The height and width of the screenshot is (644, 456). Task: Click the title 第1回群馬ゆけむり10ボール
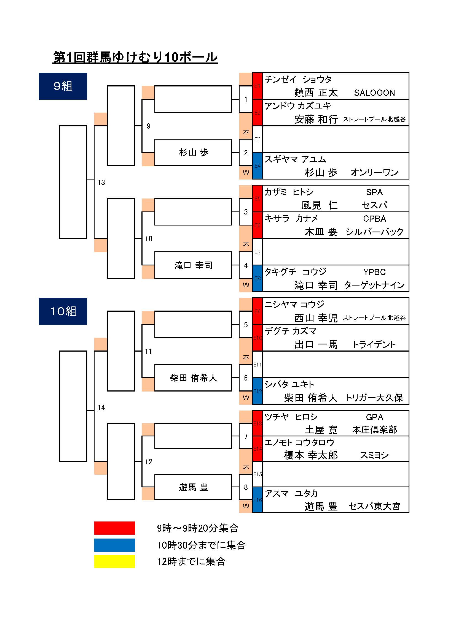[135, 58]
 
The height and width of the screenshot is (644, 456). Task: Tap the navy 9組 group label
[63, 86]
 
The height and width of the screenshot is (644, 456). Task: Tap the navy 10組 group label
[63, 311]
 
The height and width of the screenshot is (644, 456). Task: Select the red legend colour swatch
[115, 528]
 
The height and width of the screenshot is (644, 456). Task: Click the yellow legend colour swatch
[115, 561]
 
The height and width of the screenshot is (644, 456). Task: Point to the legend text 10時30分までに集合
[201, 545]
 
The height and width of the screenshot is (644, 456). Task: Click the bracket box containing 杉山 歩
[193, 152]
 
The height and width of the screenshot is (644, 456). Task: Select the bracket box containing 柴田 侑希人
[193, 377]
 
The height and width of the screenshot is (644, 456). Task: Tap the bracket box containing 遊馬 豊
[193, 487]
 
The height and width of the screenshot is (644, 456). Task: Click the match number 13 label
[101, 183]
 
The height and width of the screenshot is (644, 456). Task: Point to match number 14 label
[101, 407]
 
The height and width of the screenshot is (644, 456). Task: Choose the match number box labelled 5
[246, 325]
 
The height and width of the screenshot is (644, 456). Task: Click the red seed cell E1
[257, 86]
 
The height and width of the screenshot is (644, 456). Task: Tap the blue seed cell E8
[257, 279]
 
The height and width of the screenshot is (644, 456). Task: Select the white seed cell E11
[257, 364]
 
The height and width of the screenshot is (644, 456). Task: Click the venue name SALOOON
[374, 93]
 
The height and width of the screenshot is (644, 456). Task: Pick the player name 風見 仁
[319, 205]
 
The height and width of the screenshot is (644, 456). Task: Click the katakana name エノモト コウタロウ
[299, 443]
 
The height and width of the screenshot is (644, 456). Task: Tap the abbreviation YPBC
[374, 272]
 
